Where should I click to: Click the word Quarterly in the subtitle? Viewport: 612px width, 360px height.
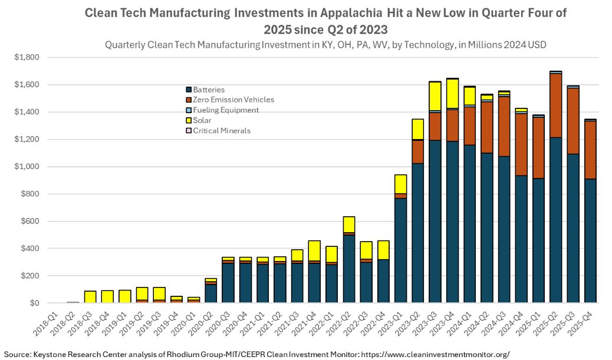pos(126,45)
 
